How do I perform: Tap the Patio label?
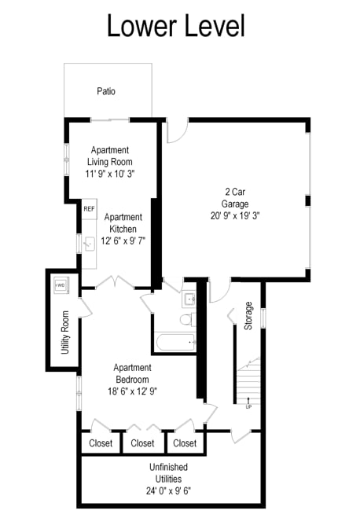coord(106,91)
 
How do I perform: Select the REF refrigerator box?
coord(89,209)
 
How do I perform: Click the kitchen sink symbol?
coord(89,244)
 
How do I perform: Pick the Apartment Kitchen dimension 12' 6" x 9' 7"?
coord(123,241)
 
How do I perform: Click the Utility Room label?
coord(65,332)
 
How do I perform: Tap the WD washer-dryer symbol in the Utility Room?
coord(61,284)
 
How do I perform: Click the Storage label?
coord(248,315)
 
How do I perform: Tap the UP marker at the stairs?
coord(248,406)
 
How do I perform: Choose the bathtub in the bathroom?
coord(174,342)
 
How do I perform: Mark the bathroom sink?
coord(189,299)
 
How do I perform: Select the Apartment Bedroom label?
coord(132,373)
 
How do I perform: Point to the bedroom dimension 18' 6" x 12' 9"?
coord(132,392)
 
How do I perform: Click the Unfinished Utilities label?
coord(168,472)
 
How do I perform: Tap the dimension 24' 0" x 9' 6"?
coord(168,490)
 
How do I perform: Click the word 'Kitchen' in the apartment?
coord(123,229)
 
